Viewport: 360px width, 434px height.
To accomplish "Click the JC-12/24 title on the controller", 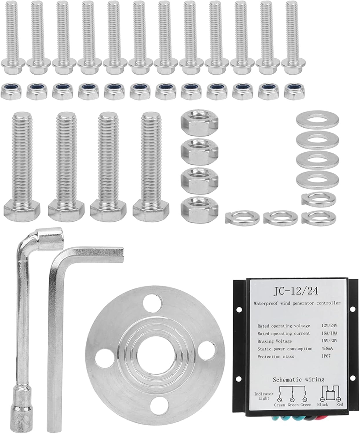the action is point(296,291).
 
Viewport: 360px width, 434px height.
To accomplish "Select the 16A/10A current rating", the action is point(329,333).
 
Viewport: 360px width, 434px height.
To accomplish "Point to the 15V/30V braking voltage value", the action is point(329,341).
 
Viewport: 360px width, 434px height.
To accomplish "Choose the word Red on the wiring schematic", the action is point(339,404).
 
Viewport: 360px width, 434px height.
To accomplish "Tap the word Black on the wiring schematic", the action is point(323,404).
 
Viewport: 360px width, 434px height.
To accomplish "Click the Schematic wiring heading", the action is point(299,380).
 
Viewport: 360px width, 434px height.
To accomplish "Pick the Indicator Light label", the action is point(264,396).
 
